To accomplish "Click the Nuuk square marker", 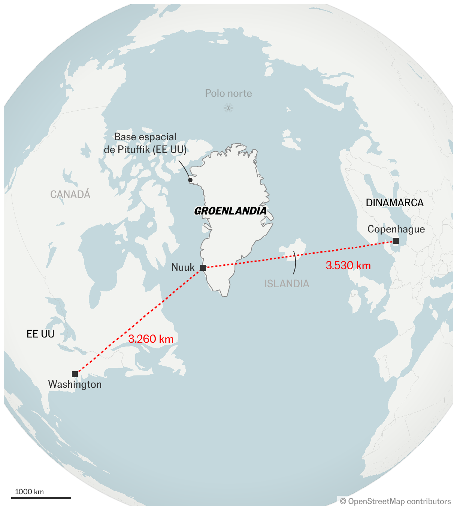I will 203,267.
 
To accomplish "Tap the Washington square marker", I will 75,374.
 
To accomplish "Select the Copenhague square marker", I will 396,241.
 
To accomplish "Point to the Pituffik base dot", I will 190,180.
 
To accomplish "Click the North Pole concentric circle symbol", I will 228,108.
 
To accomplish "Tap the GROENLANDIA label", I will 230,211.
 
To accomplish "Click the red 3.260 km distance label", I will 151,339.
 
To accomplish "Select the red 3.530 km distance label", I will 348,265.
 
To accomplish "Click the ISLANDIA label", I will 287,283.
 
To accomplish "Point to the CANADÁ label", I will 70,194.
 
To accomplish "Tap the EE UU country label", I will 40,334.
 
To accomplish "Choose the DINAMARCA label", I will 394,203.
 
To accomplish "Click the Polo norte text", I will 228,93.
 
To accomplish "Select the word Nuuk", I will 183,267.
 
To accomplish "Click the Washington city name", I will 75,384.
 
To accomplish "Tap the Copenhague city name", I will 396,229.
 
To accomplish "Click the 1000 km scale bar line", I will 41,498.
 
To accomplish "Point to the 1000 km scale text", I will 29,492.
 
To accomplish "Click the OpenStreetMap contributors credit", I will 396,501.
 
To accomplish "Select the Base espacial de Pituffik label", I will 145,143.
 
